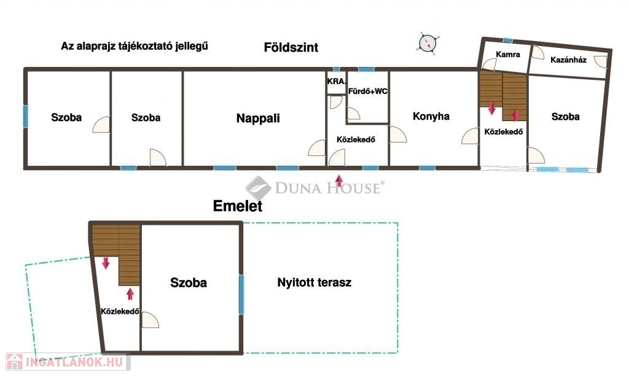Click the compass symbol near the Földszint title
tap(428, 42)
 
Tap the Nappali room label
tap(258, 119)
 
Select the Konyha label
tap(431, 116)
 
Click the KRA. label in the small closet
tap(336, 82)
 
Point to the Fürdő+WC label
tap(368, 91)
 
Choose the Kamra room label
tap(508, 55)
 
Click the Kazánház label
tap(568, 60)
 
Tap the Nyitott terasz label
tap(314, 282)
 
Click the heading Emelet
tap(238, 206)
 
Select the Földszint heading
tap(291, 47)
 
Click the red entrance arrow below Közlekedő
tap(339, 181)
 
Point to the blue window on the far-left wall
tap(26, 117)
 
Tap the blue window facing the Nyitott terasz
tap(241, 294)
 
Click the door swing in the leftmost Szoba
tap(101, 125)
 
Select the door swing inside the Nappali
tap(317, 147)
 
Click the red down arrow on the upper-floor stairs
tap(106, 263)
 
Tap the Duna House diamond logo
tap(259, 188)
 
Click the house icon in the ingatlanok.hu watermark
tap(15, 362)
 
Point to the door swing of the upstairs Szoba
tap(150, 320)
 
